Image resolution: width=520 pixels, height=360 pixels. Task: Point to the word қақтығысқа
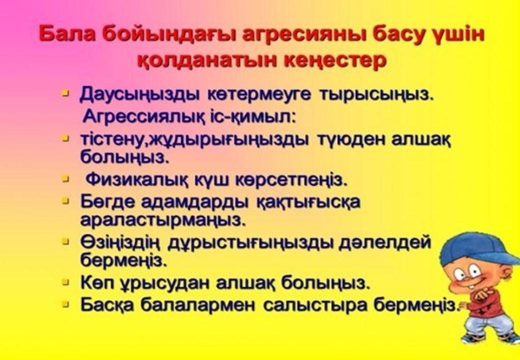(x=308, y=202)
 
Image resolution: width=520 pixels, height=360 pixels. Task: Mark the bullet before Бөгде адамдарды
(x=66, y=200)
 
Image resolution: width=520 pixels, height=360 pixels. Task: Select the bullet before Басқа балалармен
(x=66, y=303)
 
